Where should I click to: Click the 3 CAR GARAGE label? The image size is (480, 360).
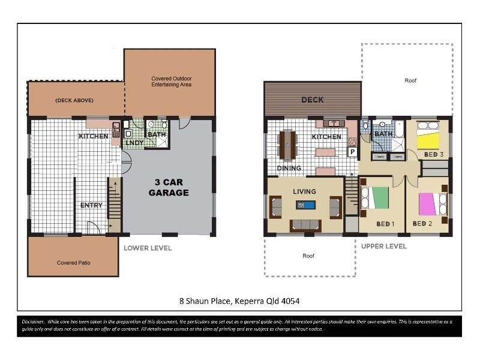169,188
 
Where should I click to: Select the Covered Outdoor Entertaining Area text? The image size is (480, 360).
171,82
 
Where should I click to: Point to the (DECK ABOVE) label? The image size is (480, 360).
73,100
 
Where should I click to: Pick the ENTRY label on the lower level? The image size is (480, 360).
91,205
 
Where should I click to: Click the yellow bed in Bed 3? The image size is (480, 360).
428,140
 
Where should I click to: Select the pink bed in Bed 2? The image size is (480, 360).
427,203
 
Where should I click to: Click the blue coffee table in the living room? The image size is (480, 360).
305,205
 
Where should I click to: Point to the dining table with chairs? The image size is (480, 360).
288,145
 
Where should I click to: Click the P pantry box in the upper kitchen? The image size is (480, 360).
352,152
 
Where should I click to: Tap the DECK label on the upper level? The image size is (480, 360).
312,100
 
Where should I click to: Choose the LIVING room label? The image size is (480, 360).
304,191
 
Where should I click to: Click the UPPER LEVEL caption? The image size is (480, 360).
383,246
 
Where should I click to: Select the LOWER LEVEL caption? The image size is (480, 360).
148,248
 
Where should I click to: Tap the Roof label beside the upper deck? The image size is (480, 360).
410,80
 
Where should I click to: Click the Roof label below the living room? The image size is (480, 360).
308,256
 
